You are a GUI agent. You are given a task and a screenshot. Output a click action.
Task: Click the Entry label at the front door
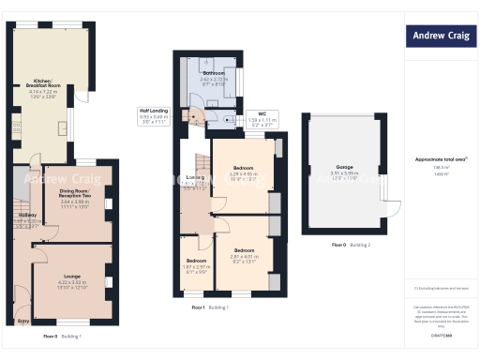[22, 321]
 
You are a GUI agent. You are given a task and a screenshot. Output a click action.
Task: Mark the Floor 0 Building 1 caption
[62, 336]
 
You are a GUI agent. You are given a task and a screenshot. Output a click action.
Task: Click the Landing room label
[196, 178]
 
